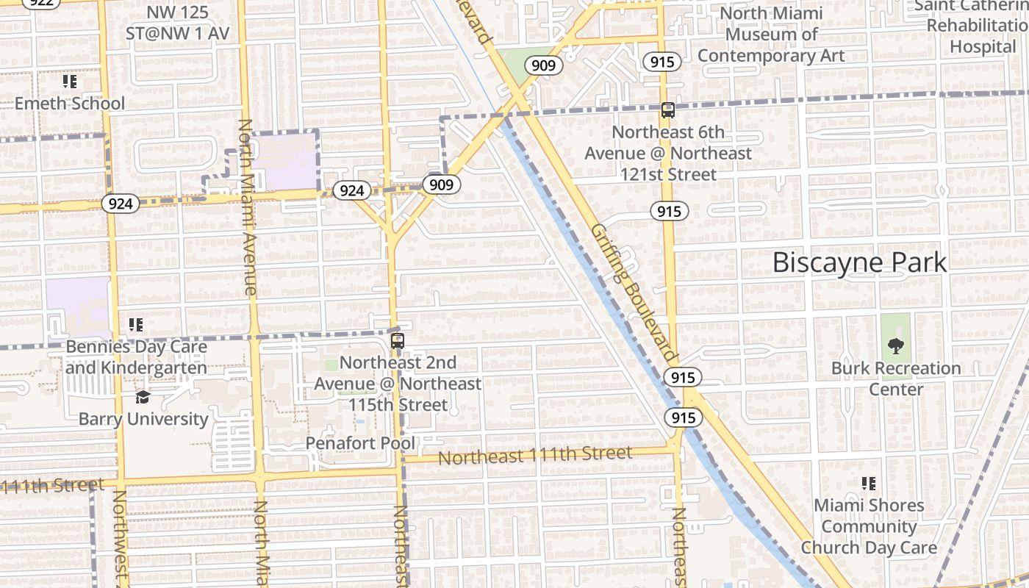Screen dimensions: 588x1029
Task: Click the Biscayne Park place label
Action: (x=859, y=262)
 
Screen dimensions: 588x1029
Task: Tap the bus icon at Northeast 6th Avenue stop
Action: (x=667, y=110)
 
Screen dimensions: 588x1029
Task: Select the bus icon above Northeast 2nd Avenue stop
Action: (x=398, y=340)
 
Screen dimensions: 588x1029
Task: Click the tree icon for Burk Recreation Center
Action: (x=895, y=345)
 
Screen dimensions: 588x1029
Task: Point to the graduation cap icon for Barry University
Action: (x=143, y=398)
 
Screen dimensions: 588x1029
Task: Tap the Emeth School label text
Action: (x=70, y=103)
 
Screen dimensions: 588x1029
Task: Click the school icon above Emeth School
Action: (x=70, y=82)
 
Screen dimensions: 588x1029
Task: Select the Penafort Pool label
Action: (x=360, y=443)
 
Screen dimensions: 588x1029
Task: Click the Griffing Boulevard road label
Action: (x=633, y=292)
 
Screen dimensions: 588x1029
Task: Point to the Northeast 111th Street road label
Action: (x=535, y=456)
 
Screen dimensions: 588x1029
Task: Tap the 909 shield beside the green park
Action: (x=543, y=65)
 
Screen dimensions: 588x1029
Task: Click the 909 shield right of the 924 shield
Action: (x=441, y=184)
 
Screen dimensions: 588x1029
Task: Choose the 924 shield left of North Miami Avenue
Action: (x=120, y=204)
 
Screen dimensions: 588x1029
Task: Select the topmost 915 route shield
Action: (x=662, y=62)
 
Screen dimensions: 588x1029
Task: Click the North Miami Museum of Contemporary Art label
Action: (x=771, y=35)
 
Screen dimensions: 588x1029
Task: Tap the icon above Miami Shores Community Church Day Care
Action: (x=869, y=484)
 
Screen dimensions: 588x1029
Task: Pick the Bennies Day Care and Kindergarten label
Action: (x=137, y=356)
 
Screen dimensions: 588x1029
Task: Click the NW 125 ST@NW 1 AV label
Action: (x=178, y=23)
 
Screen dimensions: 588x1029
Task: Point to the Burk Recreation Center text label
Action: (x=896, y=378)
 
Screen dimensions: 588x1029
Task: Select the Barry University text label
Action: (x=143, y=419)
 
